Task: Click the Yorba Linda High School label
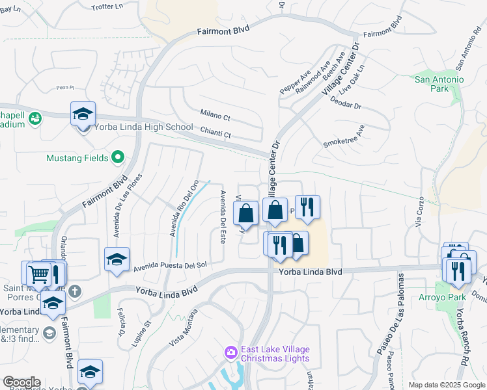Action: tap(144, 127)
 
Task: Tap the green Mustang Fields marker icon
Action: tap(118, 157)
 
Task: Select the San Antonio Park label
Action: tap(439, 84)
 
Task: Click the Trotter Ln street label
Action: tap(107, 6)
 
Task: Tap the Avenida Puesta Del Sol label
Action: tap(170, 266)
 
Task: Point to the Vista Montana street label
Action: tap(184, 327)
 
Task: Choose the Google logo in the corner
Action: tap(21, 382)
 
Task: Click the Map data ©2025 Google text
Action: tap(446, 385)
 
